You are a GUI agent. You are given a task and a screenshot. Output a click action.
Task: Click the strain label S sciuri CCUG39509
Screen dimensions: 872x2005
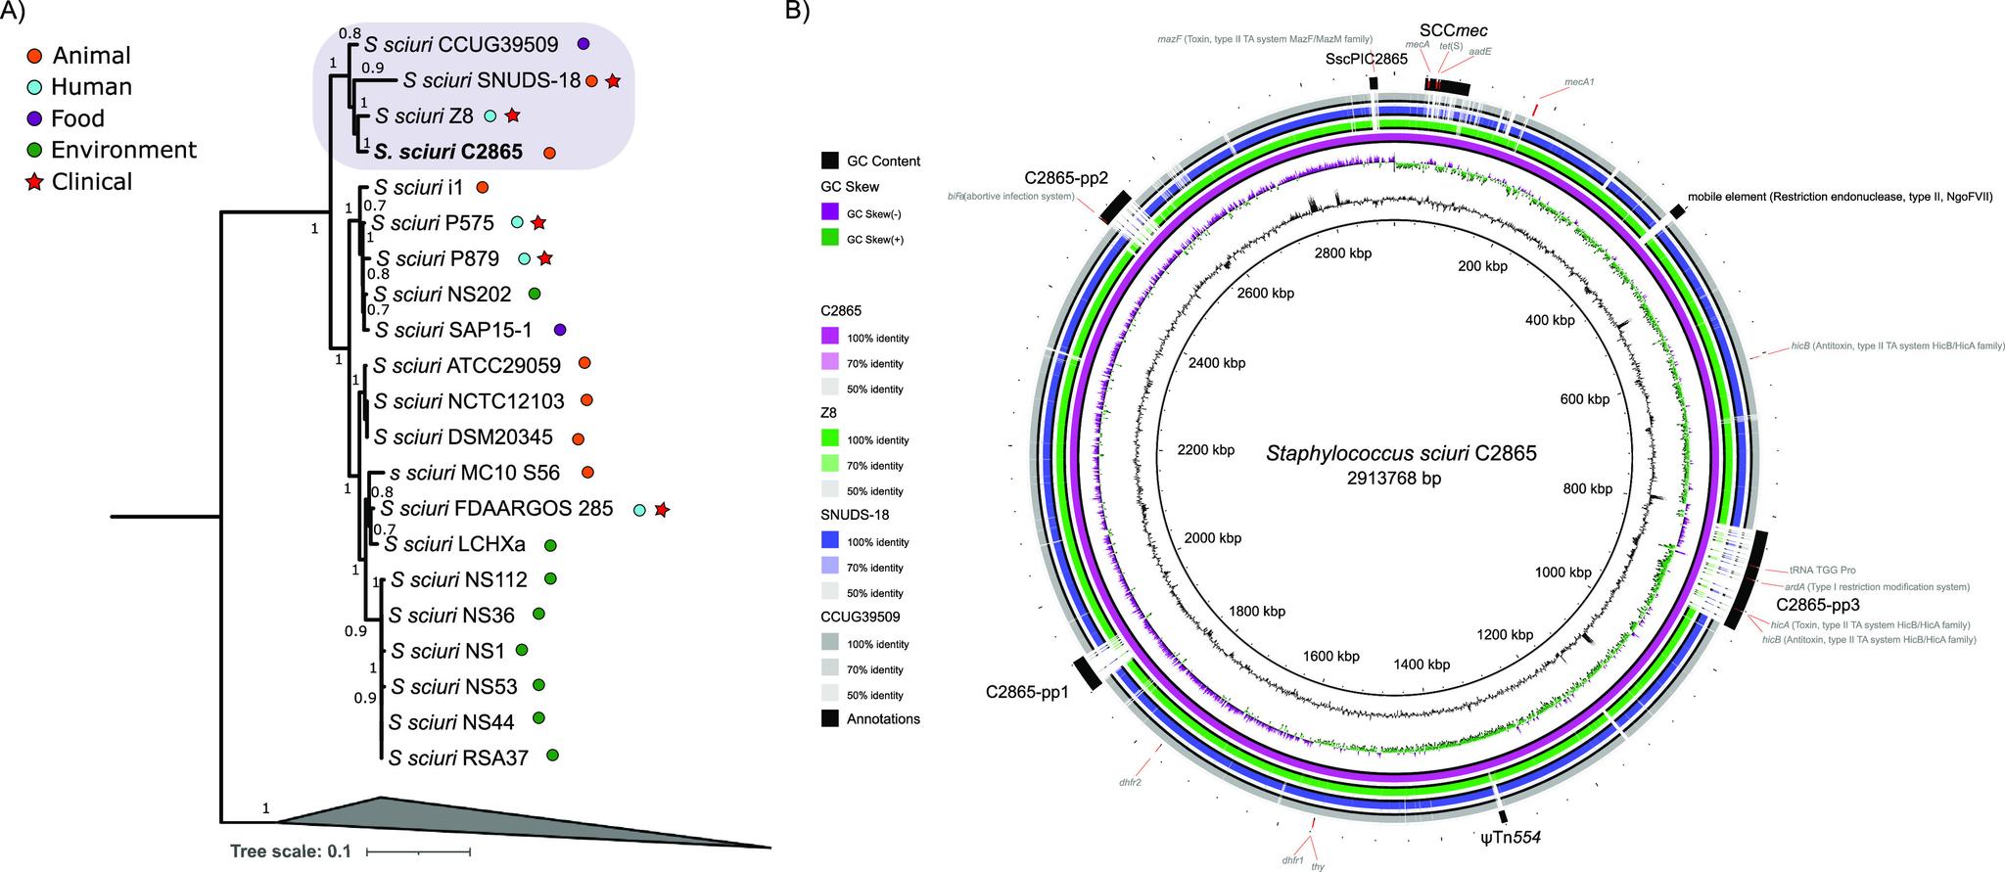(460, 44)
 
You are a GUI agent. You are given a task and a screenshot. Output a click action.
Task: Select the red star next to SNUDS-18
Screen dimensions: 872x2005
(613, 81)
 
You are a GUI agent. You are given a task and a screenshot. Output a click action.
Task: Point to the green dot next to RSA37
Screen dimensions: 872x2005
(553, 756)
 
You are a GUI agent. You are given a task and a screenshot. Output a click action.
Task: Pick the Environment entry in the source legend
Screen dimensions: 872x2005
(123, 150)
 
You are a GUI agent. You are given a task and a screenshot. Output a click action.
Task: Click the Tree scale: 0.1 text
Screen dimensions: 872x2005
(290, 850)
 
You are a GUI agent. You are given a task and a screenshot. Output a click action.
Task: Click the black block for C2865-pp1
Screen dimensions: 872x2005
(1087, 672)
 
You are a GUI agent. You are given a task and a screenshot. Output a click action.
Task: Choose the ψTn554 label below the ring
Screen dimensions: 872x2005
(1512, 837)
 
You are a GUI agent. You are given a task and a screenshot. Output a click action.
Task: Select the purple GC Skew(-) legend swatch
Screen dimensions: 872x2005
(830, 212)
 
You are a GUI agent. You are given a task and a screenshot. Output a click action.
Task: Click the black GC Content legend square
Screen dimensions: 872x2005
(830, 161)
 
